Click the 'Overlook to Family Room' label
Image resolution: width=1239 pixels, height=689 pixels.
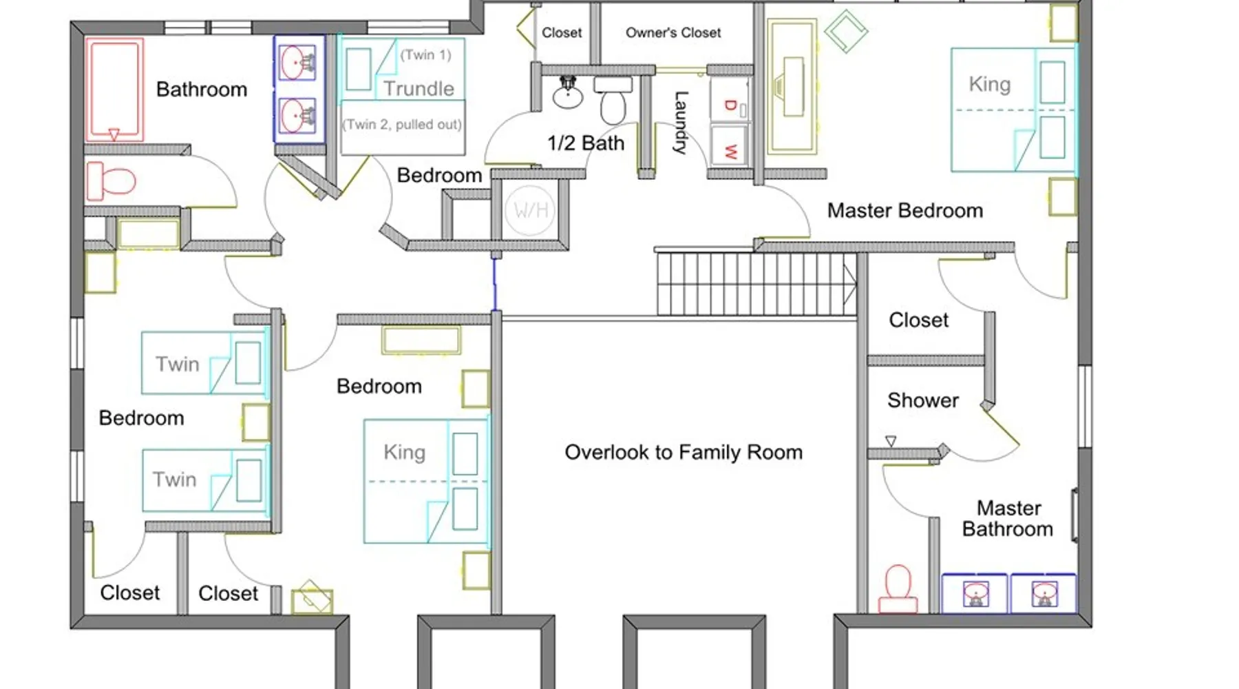pos(684,452)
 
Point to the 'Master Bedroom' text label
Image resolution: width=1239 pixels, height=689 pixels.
pos(904,210)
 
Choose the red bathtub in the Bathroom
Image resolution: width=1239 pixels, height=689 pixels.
pos(114,90)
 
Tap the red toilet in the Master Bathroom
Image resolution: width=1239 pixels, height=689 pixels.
pos(898,589)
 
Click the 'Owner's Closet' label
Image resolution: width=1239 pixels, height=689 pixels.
pos(673,32)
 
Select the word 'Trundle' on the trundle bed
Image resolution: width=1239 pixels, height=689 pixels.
pos(419,88)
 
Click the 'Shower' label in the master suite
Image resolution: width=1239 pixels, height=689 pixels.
pos(922,400)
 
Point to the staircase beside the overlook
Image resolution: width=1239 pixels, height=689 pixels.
pos(756,284)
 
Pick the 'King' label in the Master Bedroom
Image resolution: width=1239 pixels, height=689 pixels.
pos(989,84)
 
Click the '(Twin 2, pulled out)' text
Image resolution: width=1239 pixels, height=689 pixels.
pos(402,125)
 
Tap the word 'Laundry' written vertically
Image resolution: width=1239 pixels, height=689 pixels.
pos(680,123)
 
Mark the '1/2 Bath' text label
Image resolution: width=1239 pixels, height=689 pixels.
pos(586,143)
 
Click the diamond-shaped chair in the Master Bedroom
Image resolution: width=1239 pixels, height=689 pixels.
pos(845,30)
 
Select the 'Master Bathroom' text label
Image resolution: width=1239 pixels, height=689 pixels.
pos(1008,519)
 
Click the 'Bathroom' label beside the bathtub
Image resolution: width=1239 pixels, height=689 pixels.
pos(202,90)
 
